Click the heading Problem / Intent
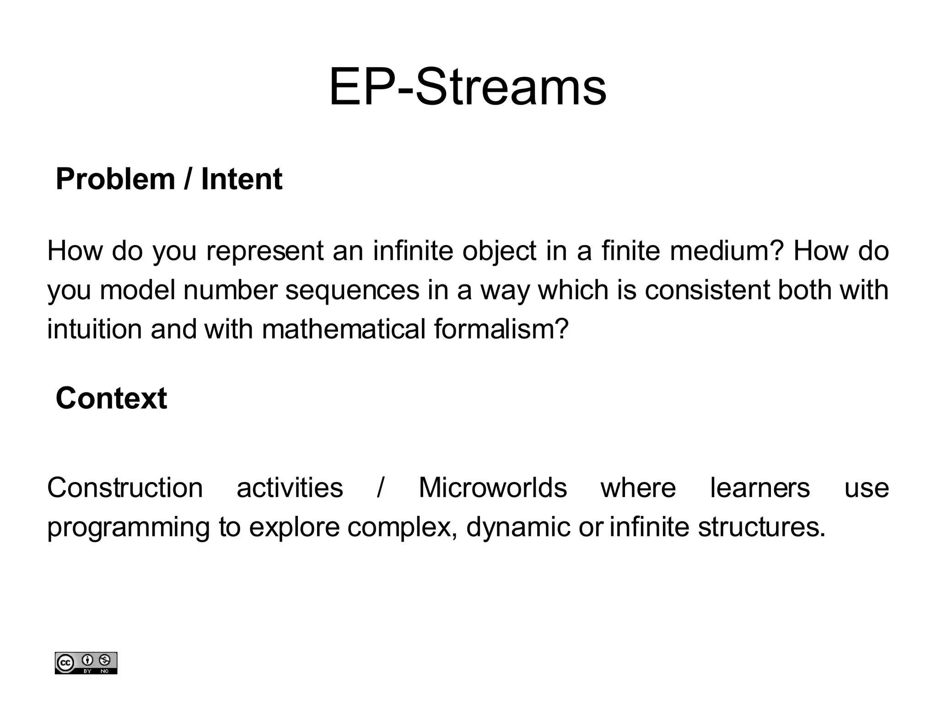pyautogui.click(x=168, y=179)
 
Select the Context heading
pyautogui.click(x=111, y=398)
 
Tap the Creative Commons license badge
pyautogui.click(x=86, y=663)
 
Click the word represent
pyautogui.click(x=265, y=251)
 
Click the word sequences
pyautogui.click(x=352, y=290)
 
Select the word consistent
pyautogui.click(x=707, y=290)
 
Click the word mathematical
pyautogui.click(x=344, y=329)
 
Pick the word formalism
pyautogui.click(x=501, y=329)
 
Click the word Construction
pyautogui.click(x=125, y=488)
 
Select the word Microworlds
pyautogui.click(x=493, y=488)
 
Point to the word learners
pyautogui.click(x=759, y=488)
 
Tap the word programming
pyautogui.click(x=129, y=527)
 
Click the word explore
pyautogui.click(x=294, y=527)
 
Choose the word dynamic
pyautogui.click(x=518, y=527)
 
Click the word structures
pyautogui.click(x=761, y=527)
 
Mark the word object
pyautogui.click(x=499, y=251)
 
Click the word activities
pyautogui.click(x=290, y=488)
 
